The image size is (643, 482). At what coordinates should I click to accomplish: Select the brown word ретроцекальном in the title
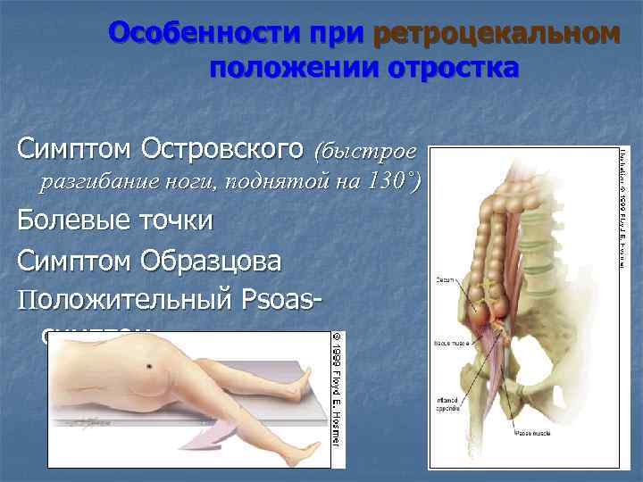pos(496,34)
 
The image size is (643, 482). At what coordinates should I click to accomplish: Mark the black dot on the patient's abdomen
pos(148,368)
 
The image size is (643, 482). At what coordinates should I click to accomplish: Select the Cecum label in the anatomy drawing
pos(446,279)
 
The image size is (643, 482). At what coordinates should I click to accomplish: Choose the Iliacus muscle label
pos(446,343)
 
